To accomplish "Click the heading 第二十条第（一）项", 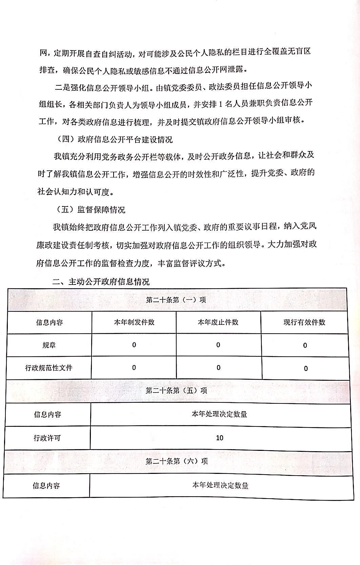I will (x=176, y=300).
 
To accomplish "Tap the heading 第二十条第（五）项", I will (x=176, y=390).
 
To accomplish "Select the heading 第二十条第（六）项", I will (x=177, y=461).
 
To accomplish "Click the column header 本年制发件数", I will (x=134, y=322).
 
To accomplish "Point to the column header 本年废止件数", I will (x=218, y=322).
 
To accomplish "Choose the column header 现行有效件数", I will (x=304, y=322).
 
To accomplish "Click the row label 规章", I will (x=49, y=345).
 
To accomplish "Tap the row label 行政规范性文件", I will (x=49, y=368).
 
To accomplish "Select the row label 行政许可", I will (x=47, y=438).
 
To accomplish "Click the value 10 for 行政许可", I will (x=220, y=438).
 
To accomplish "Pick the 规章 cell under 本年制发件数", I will (x=134, y=345).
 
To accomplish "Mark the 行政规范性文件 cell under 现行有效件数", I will (x=305, y=369).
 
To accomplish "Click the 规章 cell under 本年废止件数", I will (x=218, y=345).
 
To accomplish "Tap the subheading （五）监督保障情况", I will (x=91, y=210).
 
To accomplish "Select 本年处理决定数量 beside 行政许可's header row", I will (x=220, y=414).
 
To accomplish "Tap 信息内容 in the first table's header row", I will (x=49, y=322).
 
